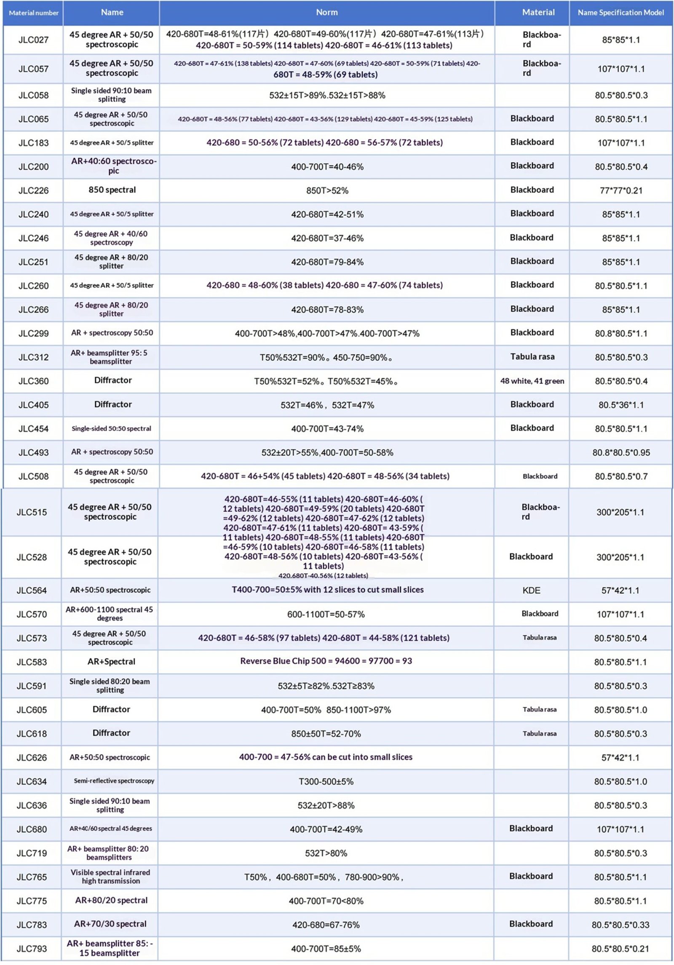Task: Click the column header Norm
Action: [326, 13]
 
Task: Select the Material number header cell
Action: [33, 13]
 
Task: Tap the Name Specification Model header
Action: [621, 13]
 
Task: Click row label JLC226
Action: [33, 190]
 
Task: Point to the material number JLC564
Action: [32, 591]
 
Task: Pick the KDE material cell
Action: [531, 591]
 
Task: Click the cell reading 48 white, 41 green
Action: [532, 381]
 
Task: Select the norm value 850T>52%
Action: [327, 190]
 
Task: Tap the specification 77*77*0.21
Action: [621, 190]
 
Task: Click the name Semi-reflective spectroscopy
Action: [114, 781]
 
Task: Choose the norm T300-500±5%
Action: [326, 782]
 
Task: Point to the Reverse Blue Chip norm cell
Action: [326, 661]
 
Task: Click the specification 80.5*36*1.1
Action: [621, 405]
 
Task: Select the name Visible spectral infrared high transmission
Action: [110, 876]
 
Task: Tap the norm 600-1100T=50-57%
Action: [326, 615]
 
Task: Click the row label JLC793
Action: [32, 949]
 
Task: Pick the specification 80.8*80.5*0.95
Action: [621, 453]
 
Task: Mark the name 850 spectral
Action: [112, 190]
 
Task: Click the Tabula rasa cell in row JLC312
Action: [532, 357]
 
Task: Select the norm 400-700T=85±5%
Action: [326, 949]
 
